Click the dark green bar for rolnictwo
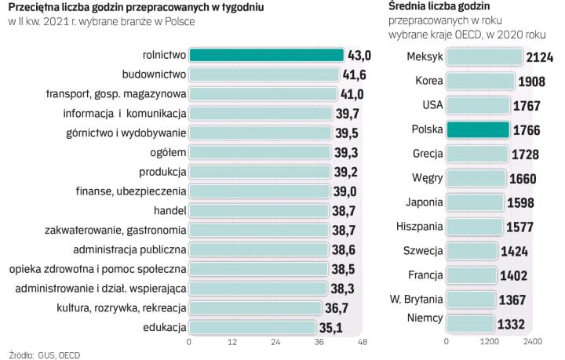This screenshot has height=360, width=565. [x=267, y=55]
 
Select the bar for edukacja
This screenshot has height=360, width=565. [x=255, y=327]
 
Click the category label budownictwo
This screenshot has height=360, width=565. [x=155, y=75]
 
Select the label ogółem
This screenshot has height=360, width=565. [x=168, y=152]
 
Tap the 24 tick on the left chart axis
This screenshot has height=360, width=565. [x=275, y=342]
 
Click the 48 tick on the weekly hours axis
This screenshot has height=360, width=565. [x=363, y=342]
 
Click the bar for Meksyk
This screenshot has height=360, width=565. [x=483, y=57]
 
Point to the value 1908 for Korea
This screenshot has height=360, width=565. [x=532, y=82]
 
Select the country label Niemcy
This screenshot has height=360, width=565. [x=425, y=319]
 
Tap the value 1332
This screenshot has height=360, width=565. [x=514, y=324]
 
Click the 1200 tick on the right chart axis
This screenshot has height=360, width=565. [x=490, y=342]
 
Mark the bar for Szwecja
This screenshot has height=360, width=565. [x=472, y=251]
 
